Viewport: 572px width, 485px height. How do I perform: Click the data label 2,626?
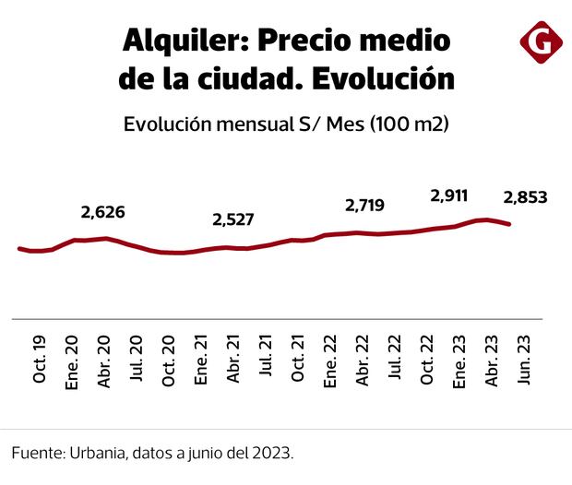(102, 213)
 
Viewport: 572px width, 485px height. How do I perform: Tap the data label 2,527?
(232, 219)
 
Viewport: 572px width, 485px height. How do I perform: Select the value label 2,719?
(364, 205)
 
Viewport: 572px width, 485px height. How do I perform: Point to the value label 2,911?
(449, 195)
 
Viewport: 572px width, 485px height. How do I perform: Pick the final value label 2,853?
(525, 195)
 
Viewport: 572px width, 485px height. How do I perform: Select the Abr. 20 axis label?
(103, 364)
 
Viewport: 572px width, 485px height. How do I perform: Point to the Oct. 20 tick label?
(169, 364)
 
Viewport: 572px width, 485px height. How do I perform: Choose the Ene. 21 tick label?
(201, 364)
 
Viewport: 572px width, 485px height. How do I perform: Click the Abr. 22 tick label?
(364, 364)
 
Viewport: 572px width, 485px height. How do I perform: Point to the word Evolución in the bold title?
(382, 78)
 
